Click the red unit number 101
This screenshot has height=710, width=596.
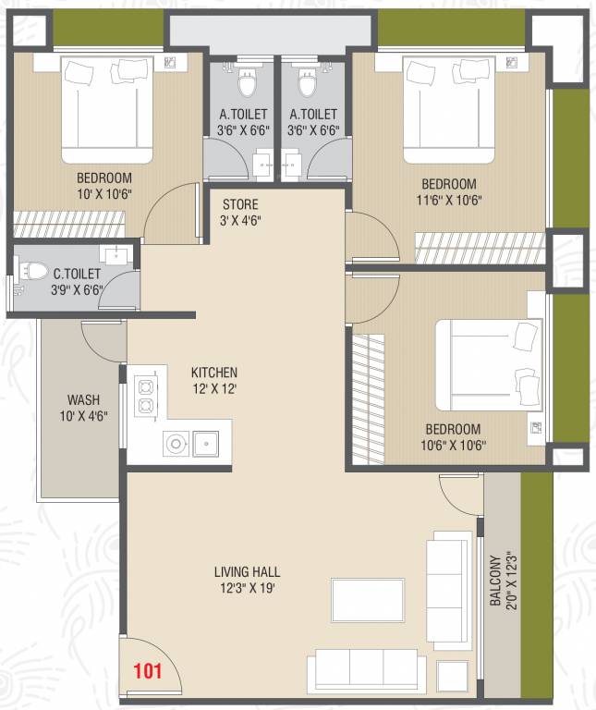point(148,670)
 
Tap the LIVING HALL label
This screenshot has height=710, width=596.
point(247,572)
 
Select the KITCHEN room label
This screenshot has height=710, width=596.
point(214,373)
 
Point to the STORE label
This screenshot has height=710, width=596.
point(240,204)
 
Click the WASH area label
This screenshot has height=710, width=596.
point(84,399)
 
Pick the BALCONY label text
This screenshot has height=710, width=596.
point(496,581)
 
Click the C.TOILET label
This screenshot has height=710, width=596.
point(77,274)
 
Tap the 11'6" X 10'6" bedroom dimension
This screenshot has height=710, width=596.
point(449,200)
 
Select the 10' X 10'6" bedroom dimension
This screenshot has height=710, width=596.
point(104,194)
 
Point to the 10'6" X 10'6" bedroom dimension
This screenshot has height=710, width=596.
point(454,445)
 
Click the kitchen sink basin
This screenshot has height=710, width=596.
point(206,444)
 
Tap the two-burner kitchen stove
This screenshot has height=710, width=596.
point(146,395)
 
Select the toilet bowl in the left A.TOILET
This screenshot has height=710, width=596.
point(247,82)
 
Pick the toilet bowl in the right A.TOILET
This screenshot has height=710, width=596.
point(307,82)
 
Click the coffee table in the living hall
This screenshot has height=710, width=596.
point(368,600)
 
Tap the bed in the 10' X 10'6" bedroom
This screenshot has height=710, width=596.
point(107,110)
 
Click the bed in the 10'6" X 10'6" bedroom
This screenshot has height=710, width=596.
point(489,365)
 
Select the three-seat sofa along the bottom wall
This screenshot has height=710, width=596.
point(367,671)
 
